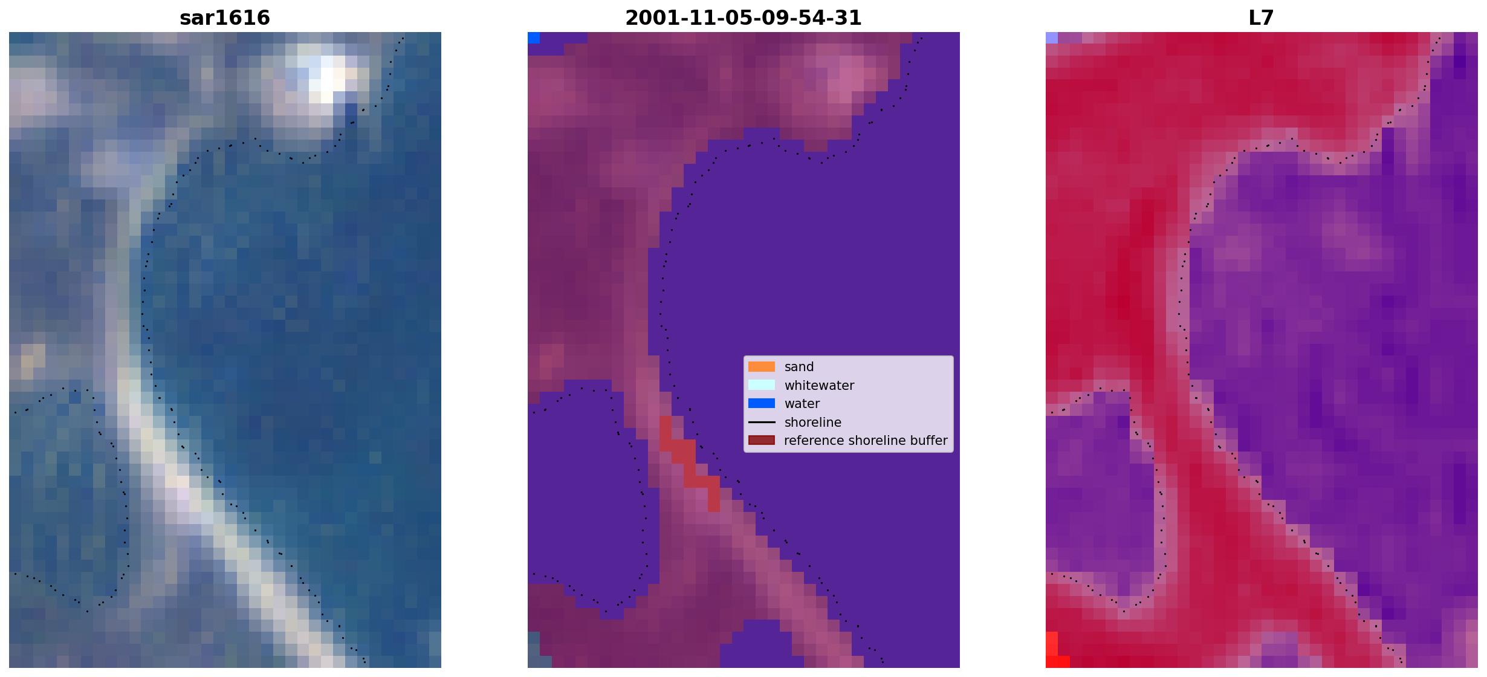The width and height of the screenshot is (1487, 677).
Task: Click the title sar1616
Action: tap(225, 18)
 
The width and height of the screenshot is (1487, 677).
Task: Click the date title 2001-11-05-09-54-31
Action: tap(743, 18)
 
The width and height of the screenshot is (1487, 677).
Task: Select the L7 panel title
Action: tap(1261, 18)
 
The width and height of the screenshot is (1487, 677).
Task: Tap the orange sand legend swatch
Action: tap(762, 367)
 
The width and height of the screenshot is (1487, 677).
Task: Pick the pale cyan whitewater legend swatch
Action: tap(762, 385)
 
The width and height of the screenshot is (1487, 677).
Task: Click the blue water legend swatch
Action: tap(762, 404)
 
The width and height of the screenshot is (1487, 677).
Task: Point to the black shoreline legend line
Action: tap(762, 422)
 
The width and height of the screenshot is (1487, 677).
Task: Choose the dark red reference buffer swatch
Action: tap(762, 441)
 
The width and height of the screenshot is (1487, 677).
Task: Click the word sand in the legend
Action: tap(799, 367)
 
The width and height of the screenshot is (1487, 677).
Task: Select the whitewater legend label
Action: tap(819, 386)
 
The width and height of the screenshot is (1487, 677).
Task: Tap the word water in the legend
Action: tap(802, 404)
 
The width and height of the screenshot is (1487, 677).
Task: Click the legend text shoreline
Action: tap(813, 423)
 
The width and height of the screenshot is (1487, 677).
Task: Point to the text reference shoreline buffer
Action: tap(866, 441)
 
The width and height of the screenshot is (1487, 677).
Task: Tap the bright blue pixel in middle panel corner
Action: tap(534, 38)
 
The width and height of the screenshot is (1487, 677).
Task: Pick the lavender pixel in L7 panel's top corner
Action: tap(1052, 38)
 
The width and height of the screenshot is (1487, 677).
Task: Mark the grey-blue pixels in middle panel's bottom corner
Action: tap(534, 650)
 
